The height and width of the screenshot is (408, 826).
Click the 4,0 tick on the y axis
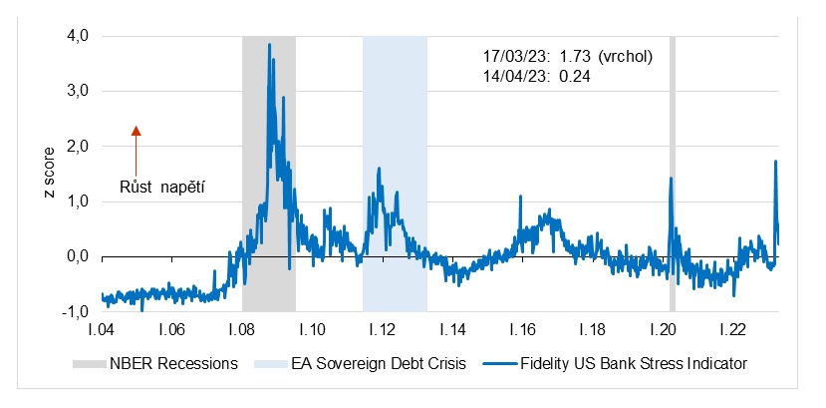[x=77, y=36]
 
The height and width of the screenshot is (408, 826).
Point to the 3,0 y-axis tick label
[x=77, y=91]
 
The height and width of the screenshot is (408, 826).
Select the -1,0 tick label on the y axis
[x=75, y=312]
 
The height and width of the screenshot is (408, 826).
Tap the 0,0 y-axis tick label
[x=77, y=257]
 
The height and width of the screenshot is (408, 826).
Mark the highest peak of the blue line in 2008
[x=269, y=45]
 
